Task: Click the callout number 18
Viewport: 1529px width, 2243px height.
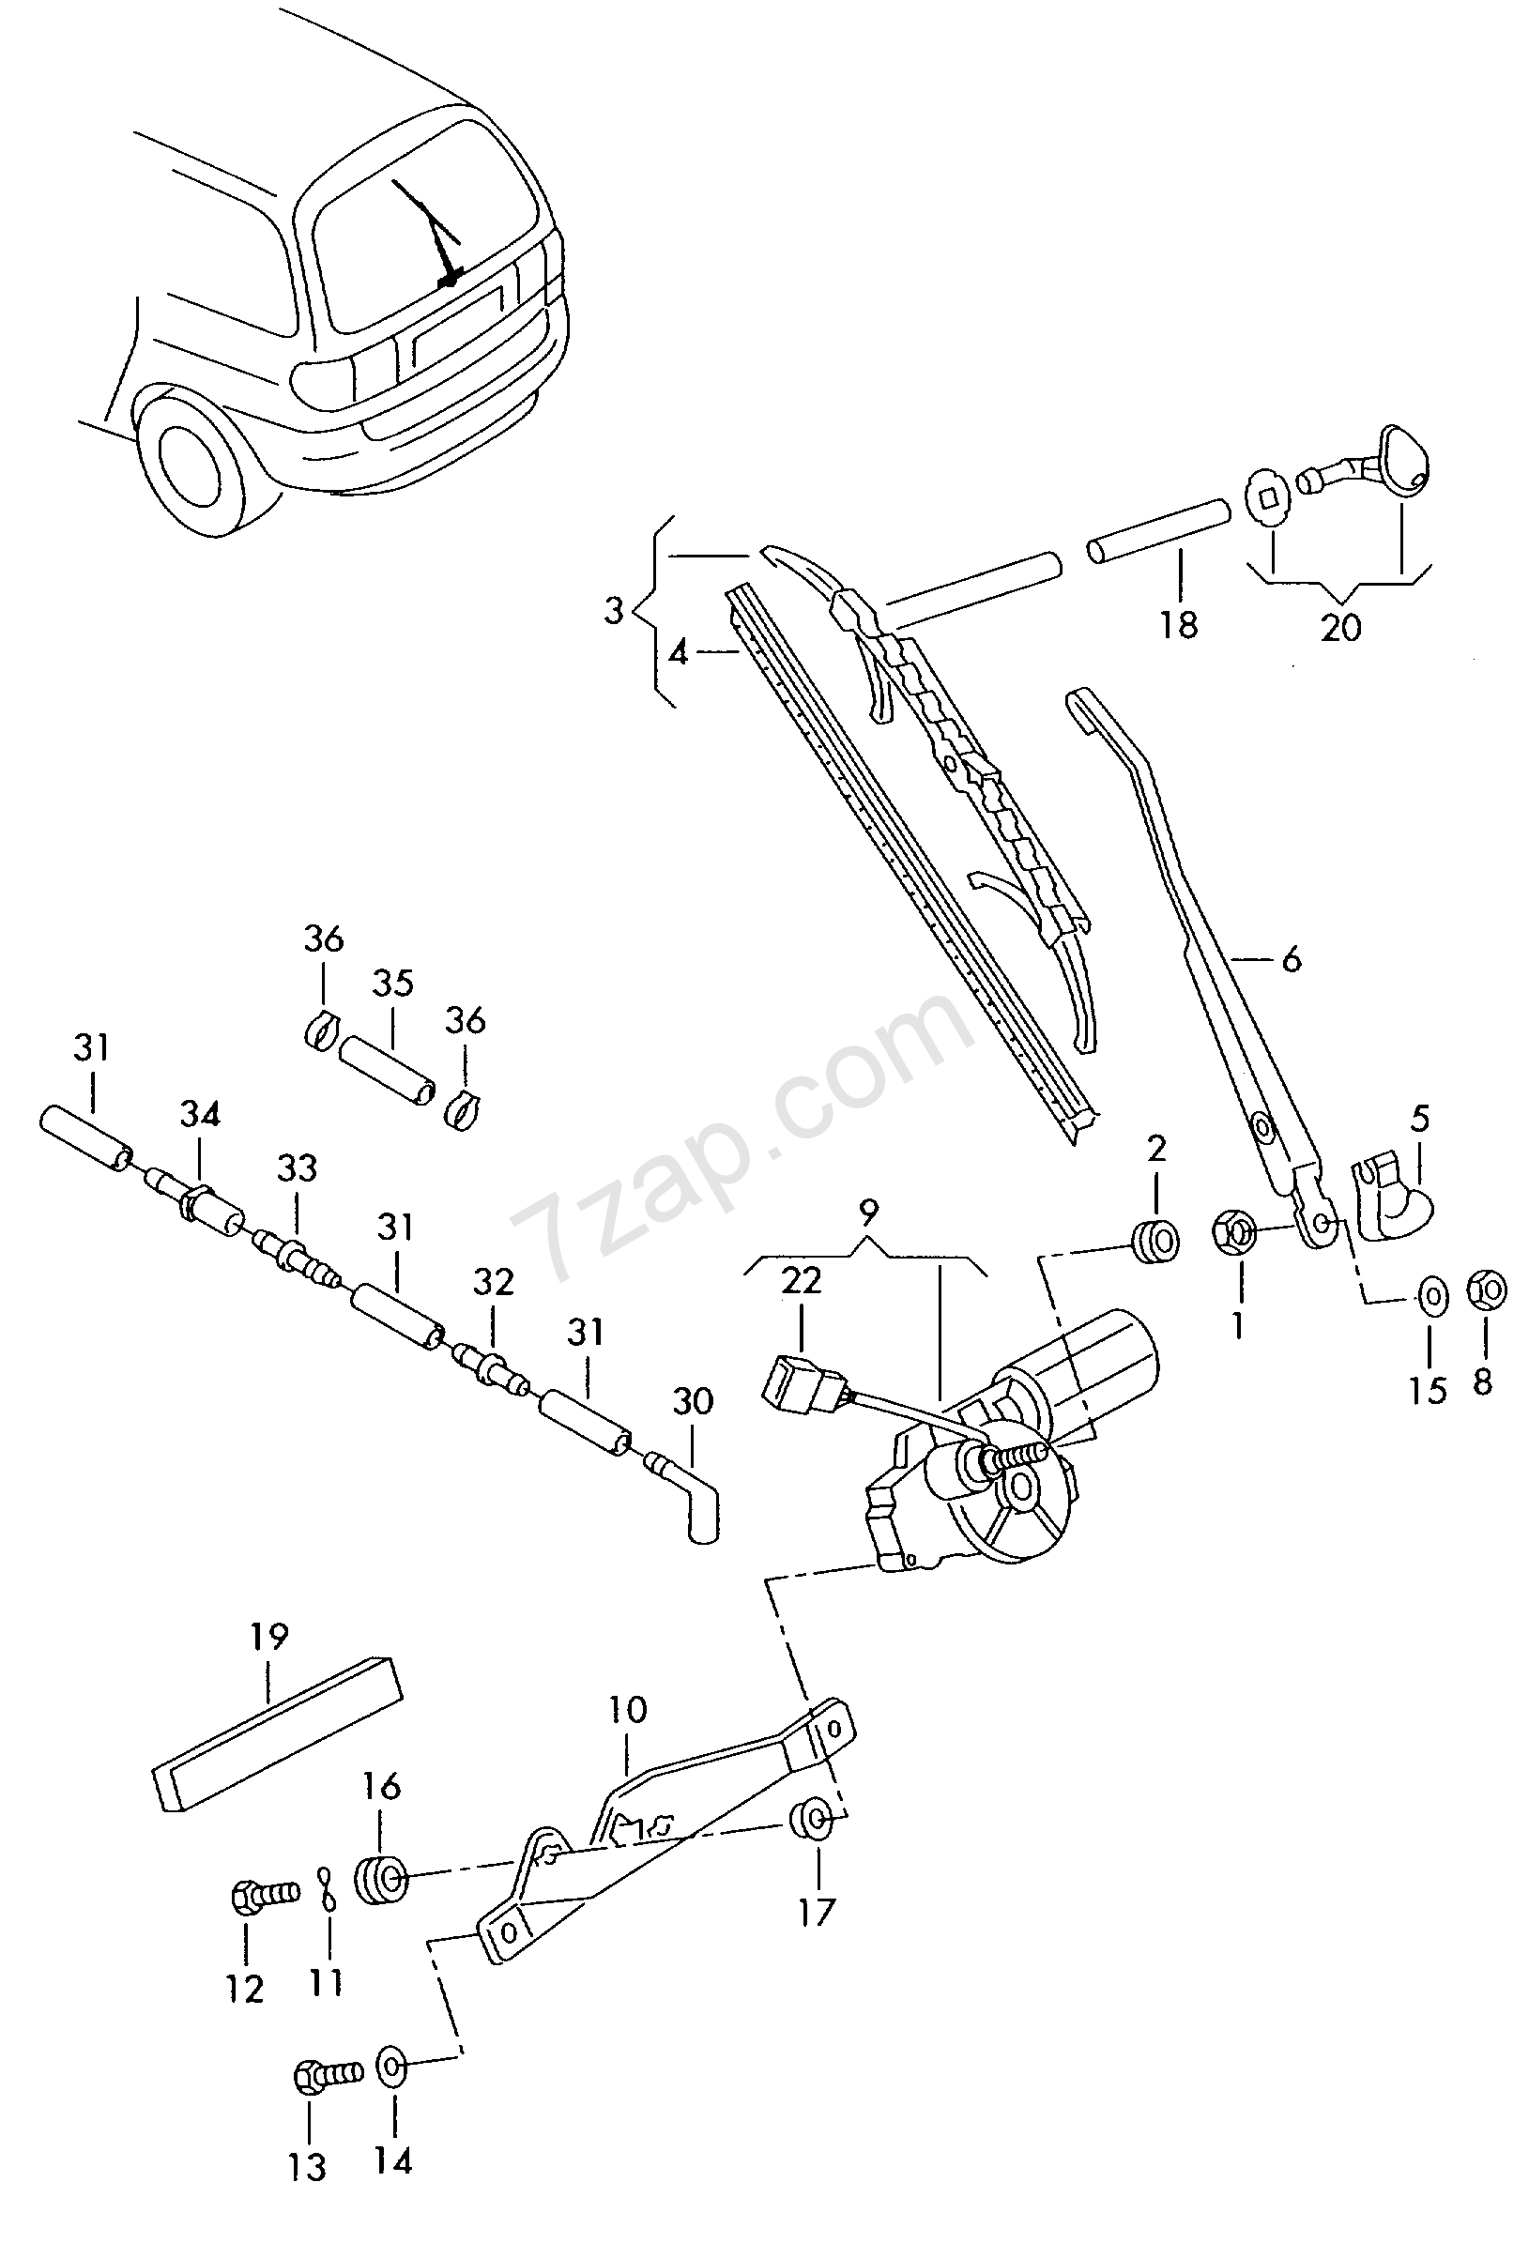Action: pyautogui.click(x=1178, y=624)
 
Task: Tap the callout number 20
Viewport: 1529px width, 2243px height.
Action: pyautogui.click(x=1340, y=627)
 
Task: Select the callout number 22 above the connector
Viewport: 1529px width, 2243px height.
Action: pyautogui.click(x=802, y=1280)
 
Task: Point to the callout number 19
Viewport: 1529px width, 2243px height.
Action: pyautogui.click(x=269, y=1636)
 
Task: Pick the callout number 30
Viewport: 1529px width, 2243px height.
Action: pyautogui.click(x=693, y=1400)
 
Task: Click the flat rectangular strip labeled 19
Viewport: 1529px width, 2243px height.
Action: pyautogui.click(x=278, y=1733)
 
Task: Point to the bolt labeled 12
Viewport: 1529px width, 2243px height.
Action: pyautogui.click(x=267, y=1896)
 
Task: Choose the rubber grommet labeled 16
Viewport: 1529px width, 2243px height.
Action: pyautogui.click(x=381, y=1878)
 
